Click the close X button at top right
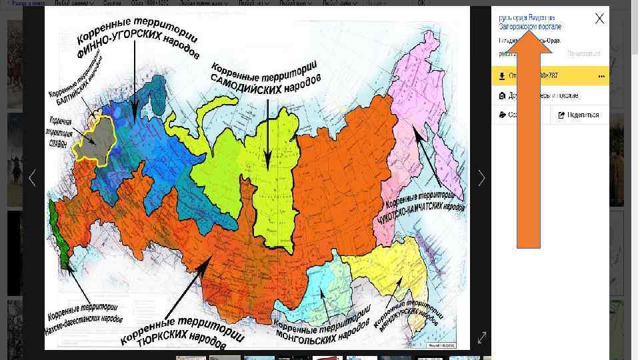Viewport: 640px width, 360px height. click(x=599, y=19)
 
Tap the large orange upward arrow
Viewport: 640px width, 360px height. click(x=529, y=133)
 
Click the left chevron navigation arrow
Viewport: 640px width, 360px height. click(x=32, y=178)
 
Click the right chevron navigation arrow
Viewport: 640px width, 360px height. click(x=481, y=178)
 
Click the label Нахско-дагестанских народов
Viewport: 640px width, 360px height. click(x=84, y=313)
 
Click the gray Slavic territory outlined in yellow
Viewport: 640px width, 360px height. click(x=95, y=141)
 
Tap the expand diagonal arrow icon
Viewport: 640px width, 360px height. click(x=482, y=338)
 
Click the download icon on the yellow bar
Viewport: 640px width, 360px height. click(x=501, y=76)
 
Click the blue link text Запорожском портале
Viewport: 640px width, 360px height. click(x=530, y=27)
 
